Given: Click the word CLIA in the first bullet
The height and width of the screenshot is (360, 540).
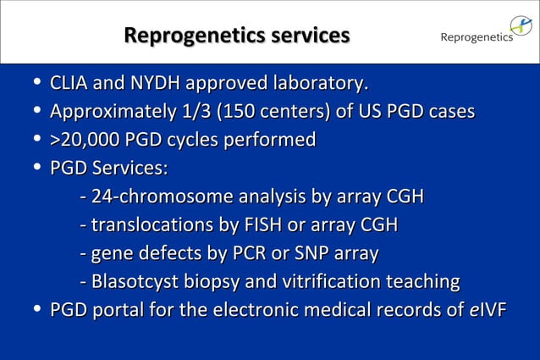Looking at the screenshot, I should click(x=69, y=83).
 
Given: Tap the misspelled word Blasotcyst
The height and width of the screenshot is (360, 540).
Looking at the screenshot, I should click(x=135, y=281).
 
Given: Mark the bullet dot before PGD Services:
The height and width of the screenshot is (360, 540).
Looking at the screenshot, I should click(x=35, y=168).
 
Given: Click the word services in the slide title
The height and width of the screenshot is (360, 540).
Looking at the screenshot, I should click(x=305, y=36).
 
